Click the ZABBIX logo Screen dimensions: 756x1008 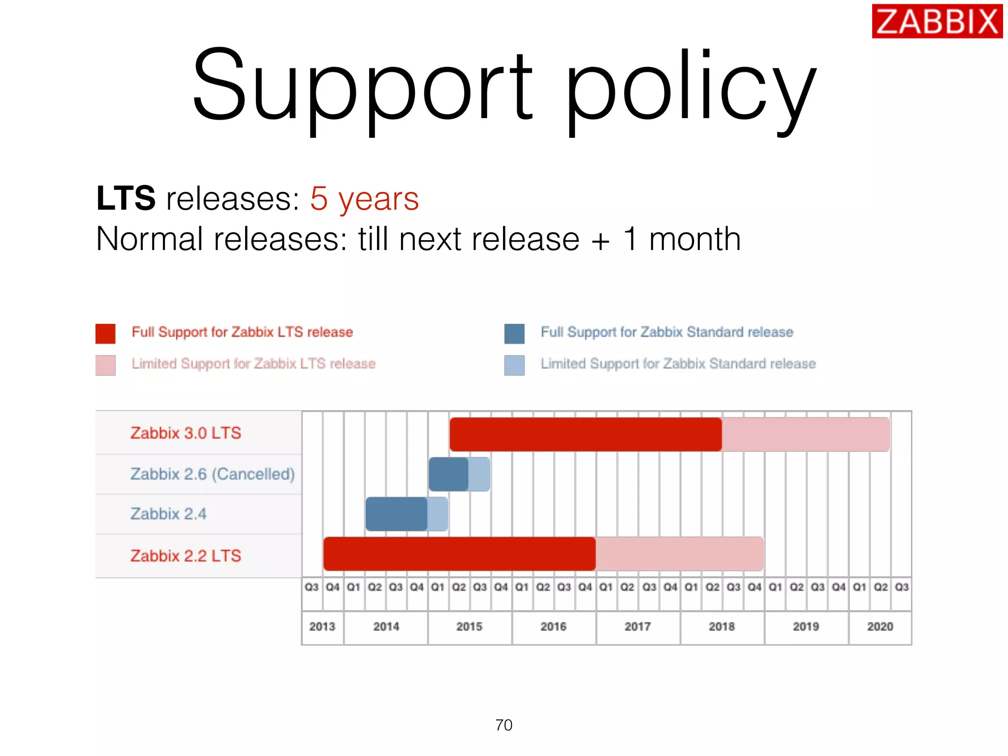coord(937,21)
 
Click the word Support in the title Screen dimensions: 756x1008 coord(362,86)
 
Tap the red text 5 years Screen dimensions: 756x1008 coord(364,199)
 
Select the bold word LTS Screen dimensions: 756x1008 coord(126,198)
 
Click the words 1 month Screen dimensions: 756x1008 coord(682,239)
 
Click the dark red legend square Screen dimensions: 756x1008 coord(105,333)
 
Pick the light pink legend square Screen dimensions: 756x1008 coord(105,365)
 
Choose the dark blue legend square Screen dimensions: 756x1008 coord(514,333)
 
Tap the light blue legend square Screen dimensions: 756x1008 coord(514,365)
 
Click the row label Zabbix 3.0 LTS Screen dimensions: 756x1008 coord(186,433)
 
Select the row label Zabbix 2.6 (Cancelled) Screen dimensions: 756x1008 coord(212,474)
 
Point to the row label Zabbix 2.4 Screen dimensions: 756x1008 coord(168,514)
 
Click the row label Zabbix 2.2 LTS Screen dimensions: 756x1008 coord(186,556)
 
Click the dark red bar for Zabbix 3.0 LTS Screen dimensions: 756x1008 coord(586,434)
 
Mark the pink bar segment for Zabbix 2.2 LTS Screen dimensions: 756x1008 coord(679,554)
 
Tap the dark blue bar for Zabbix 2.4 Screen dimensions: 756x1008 coord(396,514)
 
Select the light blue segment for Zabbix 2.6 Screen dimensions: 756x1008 coord(479,474)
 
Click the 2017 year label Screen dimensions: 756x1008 coord(638,627)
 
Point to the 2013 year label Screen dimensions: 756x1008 coord(322,627)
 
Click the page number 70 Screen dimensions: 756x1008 coord(504,725)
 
